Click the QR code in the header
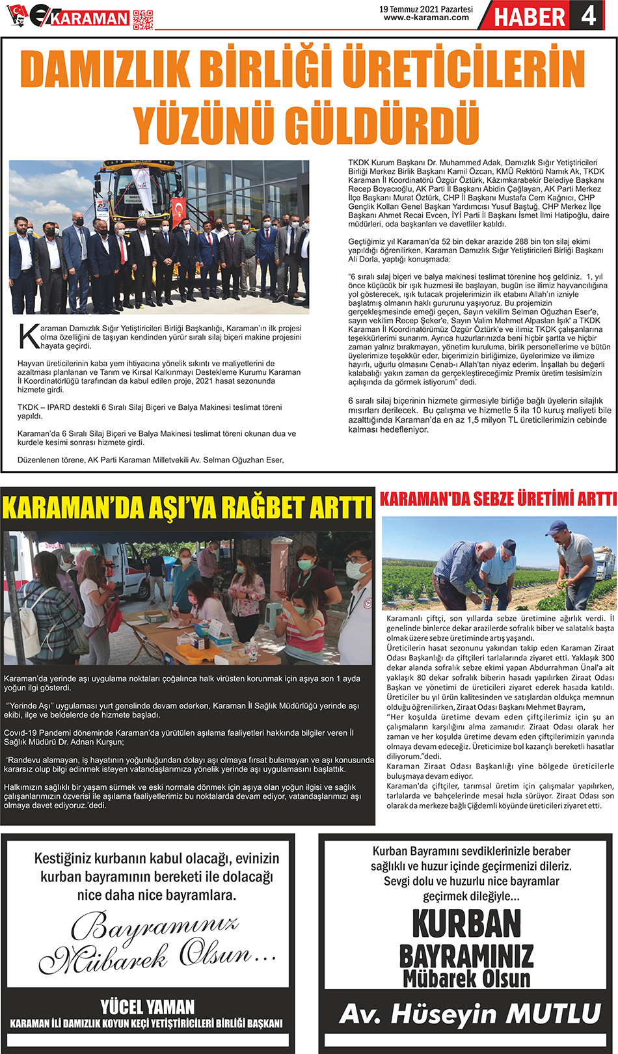coord(143,20)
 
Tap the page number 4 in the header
coord(588,16)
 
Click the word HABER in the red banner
coord(530,17)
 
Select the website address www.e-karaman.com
coord(426,18)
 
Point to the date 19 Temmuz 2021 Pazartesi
coord(426,9)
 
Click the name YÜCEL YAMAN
coord(148,1007)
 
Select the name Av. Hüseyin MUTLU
coord(469,1014)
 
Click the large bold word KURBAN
coord(466,923)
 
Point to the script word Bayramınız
coord(155,926)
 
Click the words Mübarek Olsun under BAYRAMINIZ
coord(466,978)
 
